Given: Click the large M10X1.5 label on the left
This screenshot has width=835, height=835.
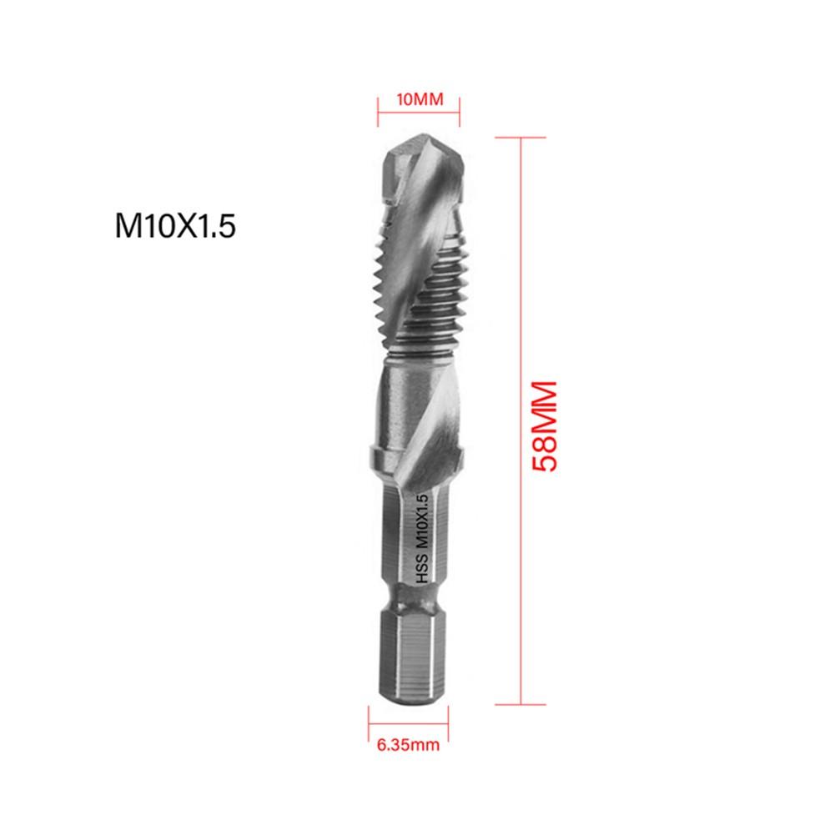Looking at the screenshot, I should point(177,226).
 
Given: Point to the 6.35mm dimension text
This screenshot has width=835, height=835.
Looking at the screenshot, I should point(405,745).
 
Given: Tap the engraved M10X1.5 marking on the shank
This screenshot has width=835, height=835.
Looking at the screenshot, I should point(421,519).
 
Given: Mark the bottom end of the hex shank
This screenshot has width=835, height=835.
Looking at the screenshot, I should point(410,702).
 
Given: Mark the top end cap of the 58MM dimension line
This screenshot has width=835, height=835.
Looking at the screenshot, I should point(521,138).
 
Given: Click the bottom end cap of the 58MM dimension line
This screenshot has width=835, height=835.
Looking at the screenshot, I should point(521,705).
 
